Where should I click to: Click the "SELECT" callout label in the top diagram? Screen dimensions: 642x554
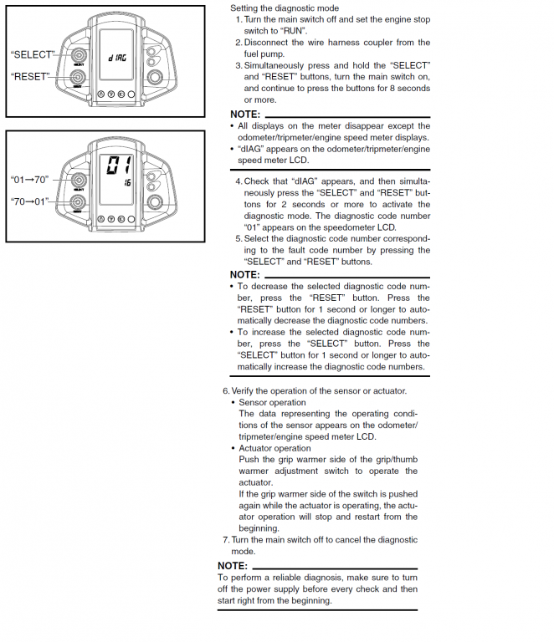click(32, 54)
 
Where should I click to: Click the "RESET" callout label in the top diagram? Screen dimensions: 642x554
click(30, 76)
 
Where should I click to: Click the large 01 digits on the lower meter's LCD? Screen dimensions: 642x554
click(115, 166)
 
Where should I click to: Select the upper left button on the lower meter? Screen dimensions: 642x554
click(79, 181)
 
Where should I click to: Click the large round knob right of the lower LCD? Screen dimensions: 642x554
click(155, 203)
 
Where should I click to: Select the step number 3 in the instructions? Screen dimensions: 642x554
click(238, 65)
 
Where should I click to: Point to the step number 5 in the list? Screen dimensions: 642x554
click(238, 238)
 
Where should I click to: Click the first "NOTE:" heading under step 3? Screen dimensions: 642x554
click(245, 114)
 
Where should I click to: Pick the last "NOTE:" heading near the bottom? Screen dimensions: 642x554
click(233, 566)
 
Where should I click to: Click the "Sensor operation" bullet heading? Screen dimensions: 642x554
click(272, 402)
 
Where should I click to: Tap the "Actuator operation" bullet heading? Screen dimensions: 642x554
click(274, 448)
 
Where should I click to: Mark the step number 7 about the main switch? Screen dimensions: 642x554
click(226, 539)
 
